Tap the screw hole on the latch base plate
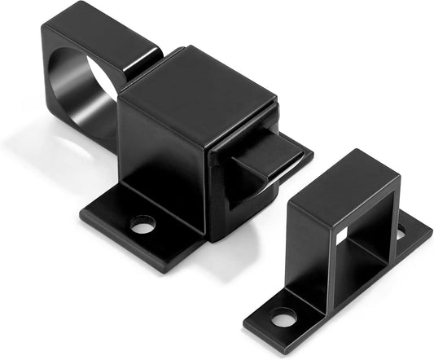(143, 224)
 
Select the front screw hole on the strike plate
(283, 318)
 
